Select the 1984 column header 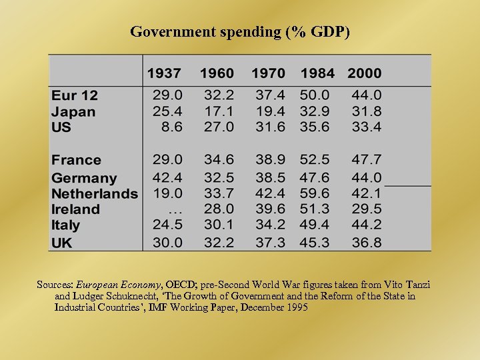[318, 73]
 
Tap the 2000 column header [365, 73]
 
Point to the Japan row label [73, 112]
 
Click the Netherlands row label [95, 194]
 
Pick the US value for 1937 [171, 127]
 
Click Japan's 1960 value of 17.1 [219, 111]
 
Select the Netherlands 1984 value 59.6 [315, 193]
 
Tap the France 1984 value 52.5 [315, 160]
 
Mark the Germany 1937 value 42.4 [167, 177]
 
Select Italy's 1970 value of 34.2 [269, 225]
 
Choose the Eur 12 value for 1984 [315, 96]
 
